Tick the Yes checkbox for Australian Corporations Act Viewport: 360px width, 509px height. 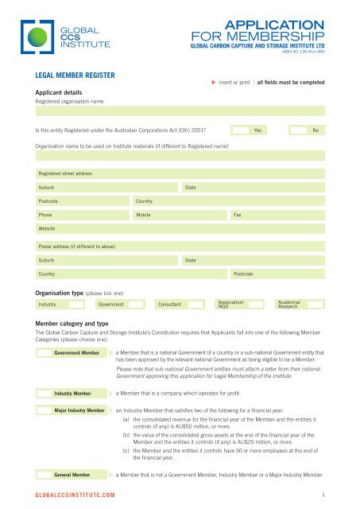239,130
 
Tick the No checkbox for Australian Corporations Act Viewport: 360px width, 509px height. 297,130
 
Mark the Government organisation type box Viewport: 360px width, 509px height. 137,304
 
